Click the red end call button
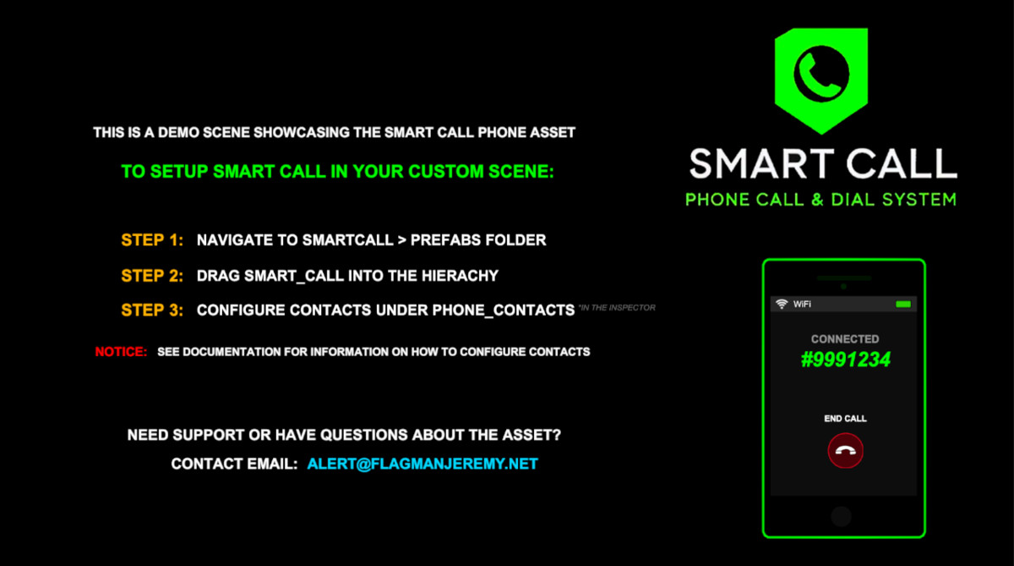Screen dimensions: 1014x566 845,450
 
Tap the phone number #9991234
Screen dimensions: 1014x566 846,360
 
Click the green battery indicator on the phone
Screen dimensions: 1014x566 903,304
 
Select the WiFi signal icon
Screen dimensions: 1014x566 782,304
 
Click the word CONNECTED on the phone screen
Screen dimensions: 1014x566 845,339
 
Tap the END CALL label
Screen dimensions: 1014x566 845,418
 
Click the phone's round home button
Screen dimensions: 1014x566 842,516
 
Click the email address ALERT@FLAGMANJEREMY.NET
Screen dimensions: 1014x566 422,464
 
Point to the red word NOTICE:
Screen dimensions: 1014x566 121,352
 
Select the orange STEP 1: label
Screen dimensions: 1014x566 152,239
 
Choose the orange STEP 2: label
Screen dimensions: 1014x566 152,276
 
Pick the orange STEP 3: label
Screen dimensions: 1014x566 152,310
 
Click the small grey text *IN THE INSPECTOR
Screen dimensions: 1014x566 617,308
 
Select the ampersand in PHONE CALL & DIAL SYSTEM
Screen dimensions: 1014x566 817,200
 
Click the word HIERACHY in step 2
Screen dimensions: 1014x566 460,276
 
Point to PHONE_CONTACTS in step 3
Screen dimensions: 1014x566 504,310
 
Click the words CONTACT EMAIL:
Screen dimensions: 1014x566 235,464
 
